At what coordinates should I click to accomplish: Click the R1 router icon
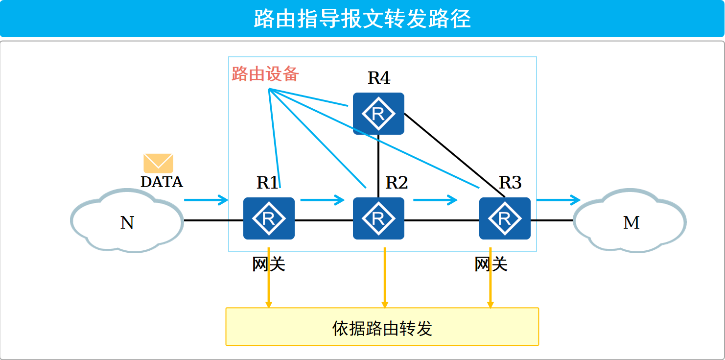(x=269, y=218)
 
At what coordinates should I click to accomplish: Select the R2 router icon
(x=378, y=218)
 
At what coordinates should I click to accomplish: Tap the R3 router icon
(x=505, y=218)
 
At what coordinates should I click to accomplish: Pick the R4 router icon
(x=378, y=114)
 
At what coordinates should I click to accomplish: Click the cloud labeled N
(x=127, y=222)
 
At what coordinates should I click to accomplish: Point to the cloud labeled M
(x=631, y=222)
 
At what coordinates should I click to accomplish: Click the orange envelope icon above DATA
(x=158, y=163)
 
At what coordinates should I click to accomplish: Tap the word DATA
(x=162, y=182)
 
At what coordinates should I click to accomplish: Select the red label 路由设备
(x=265, y=74)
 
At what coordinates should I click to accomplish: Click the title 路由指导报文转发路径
(x=362, y=19)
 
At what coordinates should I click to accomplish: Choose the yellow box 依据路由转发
(x=382, y=327)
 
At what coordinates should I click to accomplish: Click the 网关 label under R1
(x=269, y=264)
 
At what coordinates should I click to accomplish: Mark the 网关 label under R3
(x=491, y=264)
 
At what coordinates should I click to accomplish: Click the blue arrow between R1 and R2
(x=322, y=199)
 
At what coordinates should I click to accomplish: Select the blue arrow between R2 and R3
(x=435, y=199)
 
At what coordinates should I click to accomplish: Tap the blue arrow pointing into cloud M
(x=558, y=199)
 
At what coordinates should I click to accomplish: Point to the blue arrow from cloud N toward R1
(x=206, y=199)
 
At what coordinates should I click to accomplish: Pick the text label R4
(x=379, y=78)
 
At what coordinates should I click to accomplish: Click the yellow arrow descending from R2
(x=385, y=277)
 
